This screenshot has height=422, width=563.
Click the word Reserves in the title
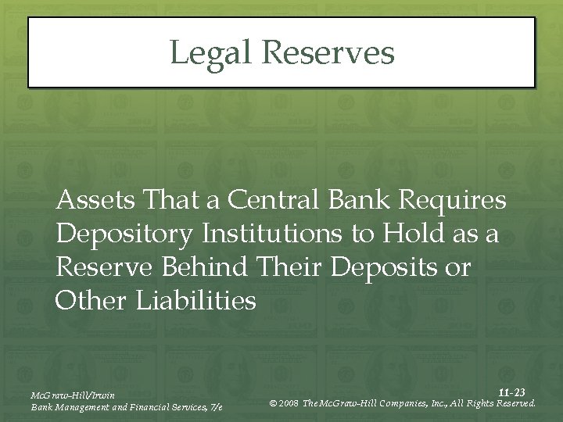[x=328, y=53]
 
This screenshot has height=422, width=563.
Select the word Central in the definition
[x=273, y=202]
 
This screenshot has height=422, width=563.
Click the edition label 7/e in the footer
[x=215, y=407]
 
